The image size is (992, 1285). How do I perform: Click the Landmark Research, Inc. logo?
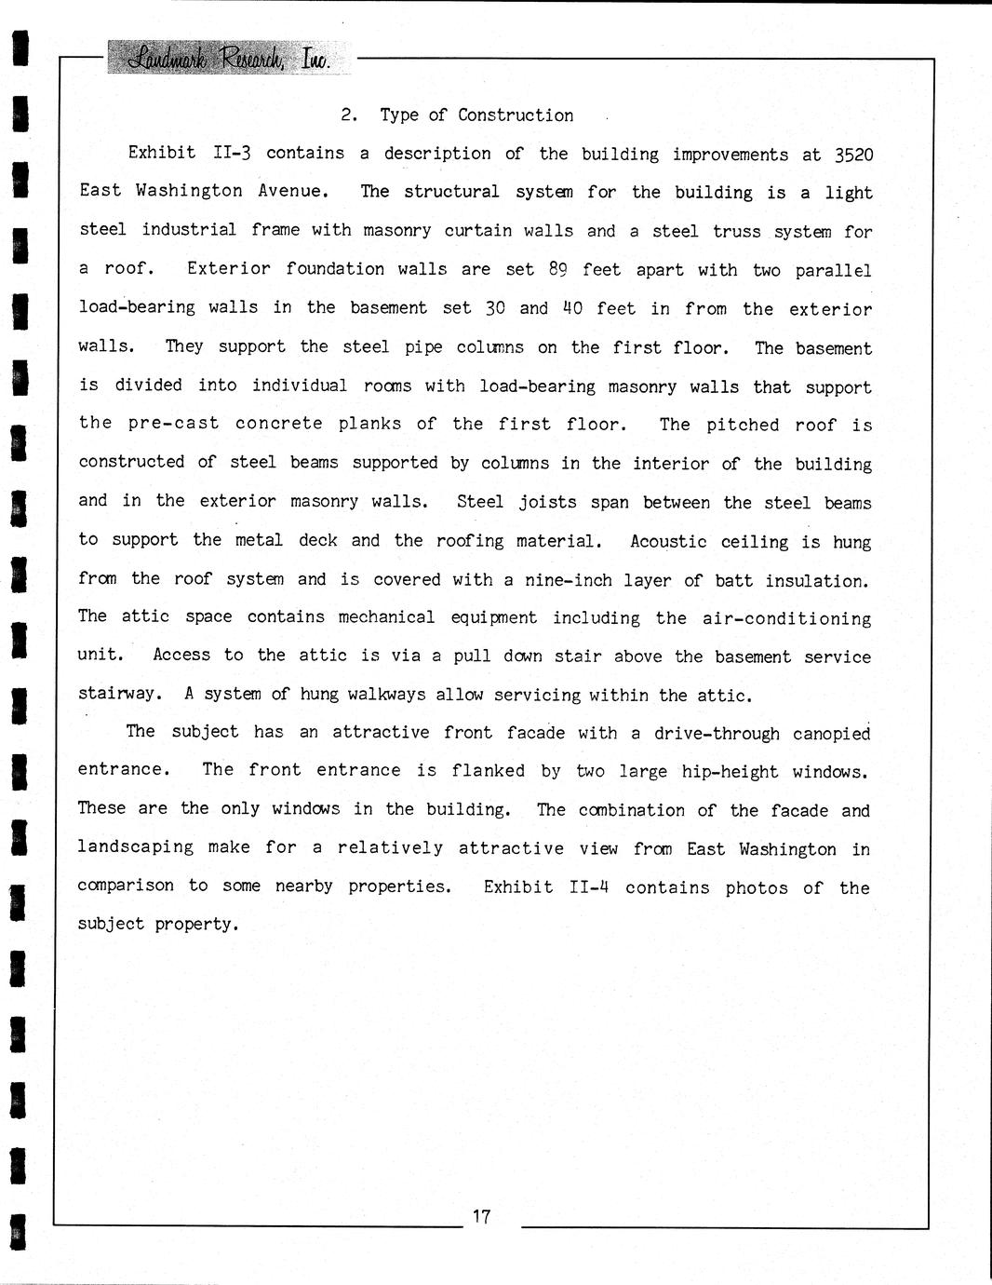(x=220, y=59)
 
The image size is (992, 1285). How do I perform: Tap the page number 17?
(x=481, y=1216)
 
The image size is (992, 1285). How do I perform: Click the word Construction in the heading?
(x=516, y=115)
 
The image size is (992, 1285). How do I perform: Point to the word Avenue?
(x=292, y=191)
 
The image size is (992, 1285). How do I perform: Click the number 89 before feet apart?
(x=557, y=270)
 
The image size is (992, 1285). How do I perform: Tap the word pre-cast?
(x=174, y=423)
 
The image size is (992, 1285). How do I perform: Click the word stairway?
(x=119, y=694)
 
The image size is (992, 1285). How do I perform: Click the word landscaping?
(x=136, y=846)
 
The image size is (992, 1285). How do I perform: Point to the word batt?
(x=733, y=580)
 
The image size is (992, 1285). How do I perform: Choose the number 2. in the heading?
(x=350, y=115)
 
